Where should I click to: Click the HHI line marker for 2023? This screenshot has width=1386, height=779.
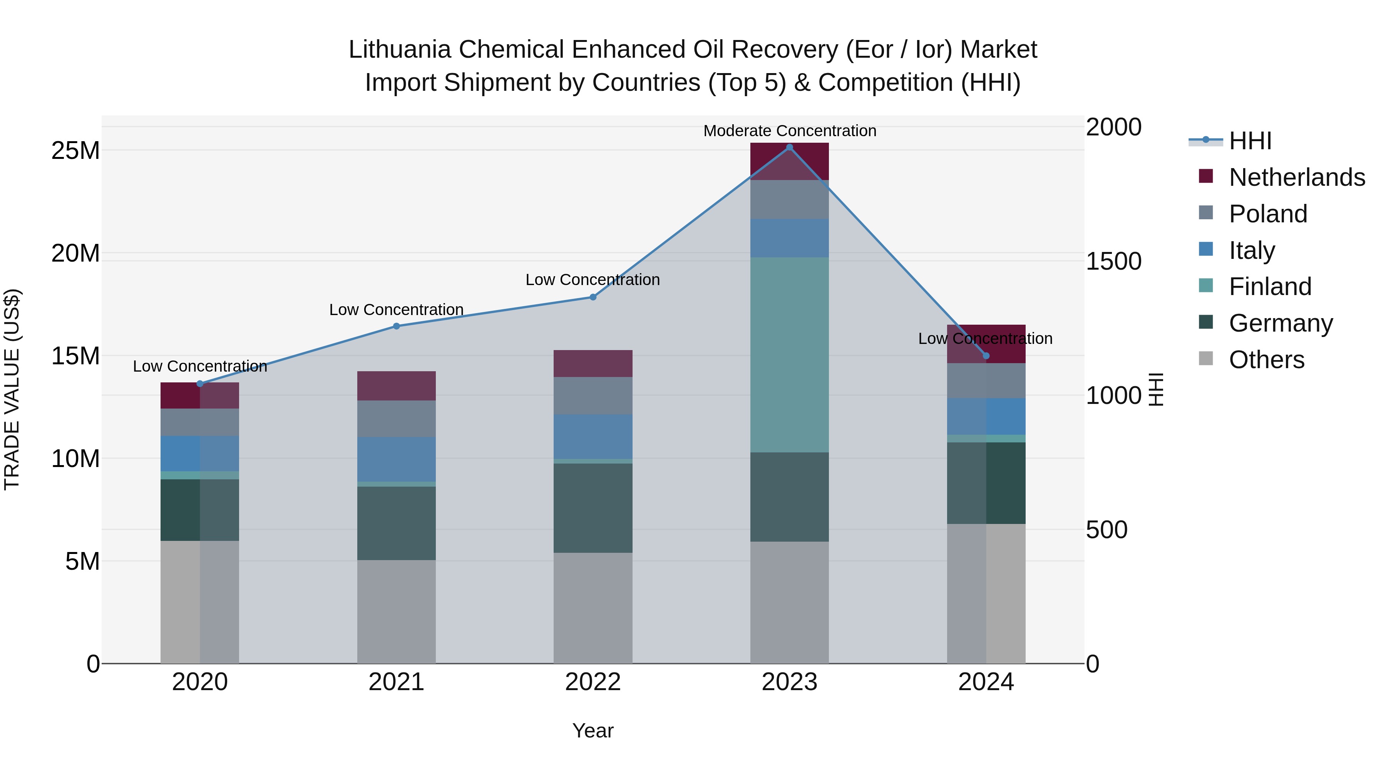(789, 147)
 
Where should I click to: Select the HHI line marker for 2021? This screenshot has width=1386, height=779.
(396, 326)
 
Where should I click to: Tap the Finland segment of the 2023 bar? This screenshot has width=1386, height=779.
(789, 355)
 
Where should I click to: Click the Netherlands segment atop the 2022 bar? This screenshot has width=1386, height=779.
(593, 364)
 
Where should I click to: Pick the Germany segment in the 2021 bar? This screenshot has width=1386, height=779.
(396, 523)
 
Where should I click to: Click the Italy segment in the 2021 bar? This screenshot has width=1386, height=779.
(396, 460)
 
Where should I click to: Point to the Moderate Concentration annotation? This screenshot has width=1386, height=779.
(789, 131)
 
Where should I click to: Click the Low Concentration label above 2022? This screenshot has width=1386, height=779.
(593, 280)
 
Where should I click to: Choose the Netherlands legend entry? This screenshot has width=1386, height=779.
(1297, 177)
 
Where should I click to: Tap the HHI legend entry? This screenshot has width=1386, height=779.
(1250, 141)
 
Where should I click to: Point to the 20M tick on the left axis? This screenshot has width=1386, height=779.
(75, 253)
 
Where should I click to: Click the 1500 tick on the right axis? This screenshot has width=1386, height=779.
(1113, 261)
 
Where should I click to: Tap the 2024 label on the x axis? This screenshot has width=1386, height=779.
(986, 682)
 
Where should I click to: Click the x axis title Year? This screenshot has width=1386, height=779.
(593, 731)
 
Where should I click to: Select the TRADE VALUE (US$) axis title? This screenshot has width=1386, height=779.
(12, 389)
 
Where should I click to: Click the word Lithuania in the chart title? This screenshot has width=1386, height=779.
(399, 50)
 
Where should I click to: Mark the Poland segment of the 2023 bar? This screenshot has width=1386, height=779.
(789, 199)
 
